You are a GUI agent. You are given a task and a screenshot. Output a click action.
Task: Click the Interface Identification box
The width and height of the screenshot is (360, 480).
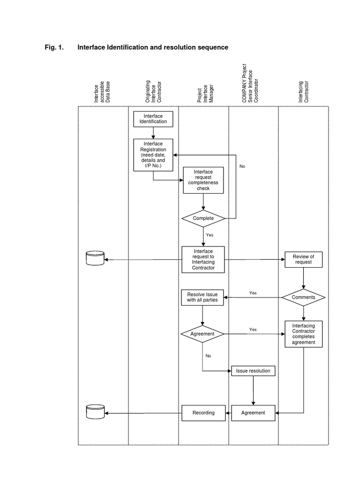pyautogui.click(x=153, y=119)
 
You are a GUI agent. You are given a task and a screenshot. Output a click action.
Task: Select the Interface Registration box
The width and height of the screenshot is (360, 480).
pyautogui.click(x=153, y=155)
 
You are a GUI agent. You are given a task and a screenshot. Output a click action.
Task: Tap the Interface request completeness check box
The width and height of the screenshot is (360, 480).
pyautogui.click(x=203, y=180)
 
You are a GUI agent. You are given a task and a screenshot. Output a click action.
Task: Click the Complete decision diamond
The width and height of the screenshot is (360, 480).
pyautogui.click(x=203, y=218)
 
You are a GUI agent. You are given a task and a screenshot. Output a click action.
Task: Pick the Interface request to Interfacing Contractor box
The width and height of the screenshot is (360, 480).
pyautogui.click(x=203, y=259)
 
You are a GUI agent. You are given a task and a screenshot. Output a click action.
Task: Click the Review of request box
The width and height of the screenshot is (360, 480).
pyautogui.click(x=303, y=259)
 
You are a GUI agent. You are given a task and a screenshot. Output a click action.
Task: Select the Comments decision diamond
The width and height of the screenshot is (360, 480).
pyautogui.click(x=303, y=297)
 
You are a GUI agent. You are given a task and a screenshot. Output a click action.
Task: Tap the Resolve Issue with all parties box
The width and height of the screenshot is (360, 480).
pyautogui.click(x=202, y=297)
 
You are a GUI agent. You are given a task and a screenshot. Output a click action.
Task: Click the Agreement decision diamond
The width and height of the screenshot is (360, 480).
pyautogui.click(x=202, y=334)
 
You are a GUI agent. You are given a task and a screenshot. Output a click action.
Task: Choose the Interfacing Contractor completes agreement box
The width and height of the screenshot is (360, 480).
pyautogui.click(x=303, y=334)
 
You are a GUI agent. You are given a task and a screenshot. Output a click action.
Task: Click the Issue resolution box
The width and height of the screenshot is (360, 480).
pyautogui.click(x=253, y=371)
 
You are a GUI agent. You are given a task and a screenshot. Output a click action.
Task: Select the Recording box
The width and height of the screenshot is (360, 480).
pyautogui.click(x=203, y=412)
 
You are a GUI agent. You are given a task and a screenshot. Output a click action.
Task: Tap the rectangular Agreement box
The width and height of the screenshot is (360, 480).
pyautogui.click(x=253, y=412)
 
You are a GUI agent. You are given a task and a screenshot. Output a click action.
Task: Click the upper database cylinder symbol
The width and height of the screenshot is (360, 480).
pyautogui.click(x=95, y=258)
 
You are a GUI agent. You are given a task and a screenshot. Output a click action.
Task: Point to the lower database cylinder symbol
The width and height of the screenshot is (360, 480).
pyautogui.click(x=95, y=412)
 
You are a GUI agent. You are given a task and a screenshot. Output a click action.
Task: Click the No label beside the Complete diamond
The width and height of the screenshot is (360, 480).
pyautogui.click(x=242, y=166)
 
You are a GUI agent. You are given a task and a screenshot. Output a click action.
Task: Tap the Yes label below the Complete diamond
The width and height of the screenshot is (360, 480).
pyautogui.click(x=209, y=235)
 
